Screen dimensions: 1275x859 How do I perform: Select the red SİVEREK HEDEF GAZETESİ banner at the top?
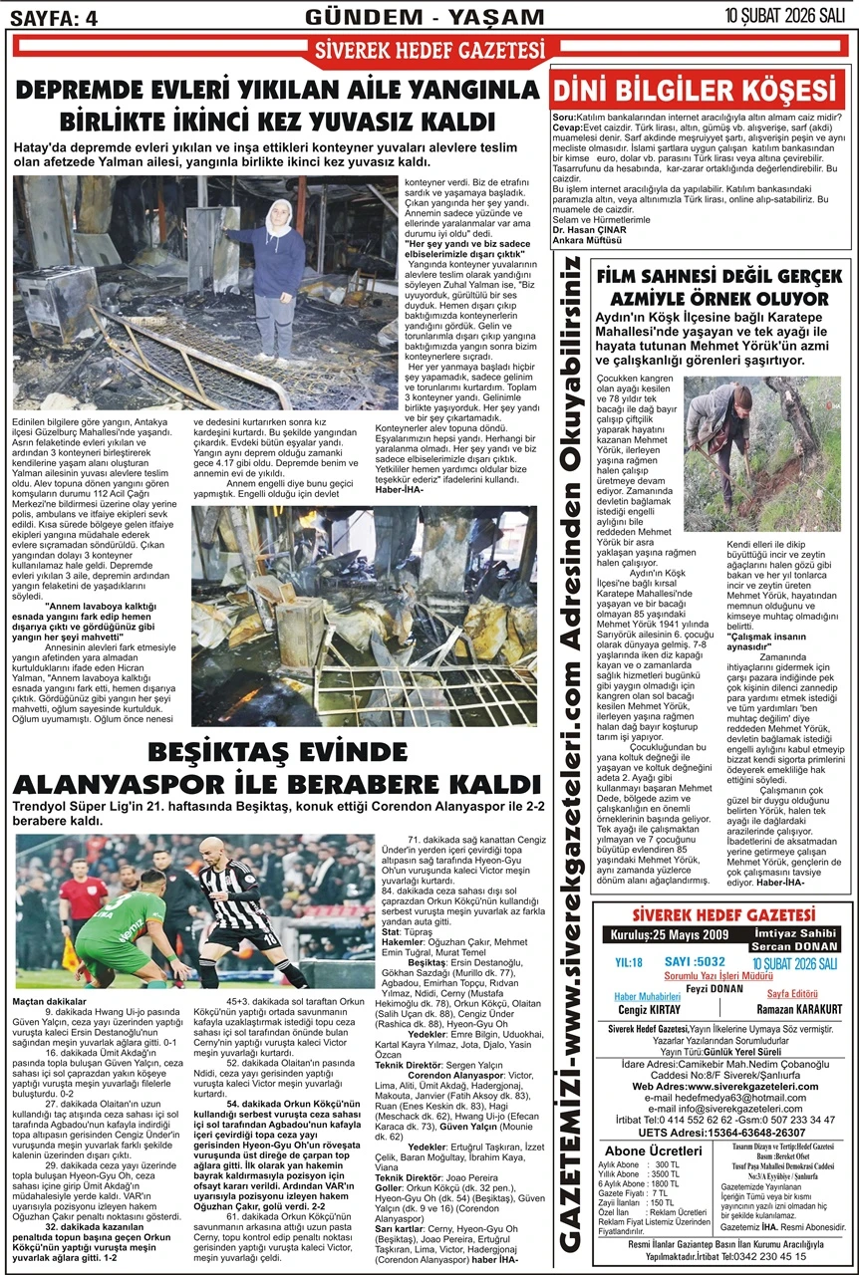click(x=430, y=49)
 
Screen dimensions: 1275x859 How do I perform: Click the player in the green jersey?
click(x=120, y=916)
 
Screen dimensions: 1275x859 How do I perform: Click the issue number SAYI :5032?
click(x=699, y=962)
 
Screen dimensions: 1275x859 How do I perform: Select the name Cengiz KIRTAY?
click(x=653, y=1009)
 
